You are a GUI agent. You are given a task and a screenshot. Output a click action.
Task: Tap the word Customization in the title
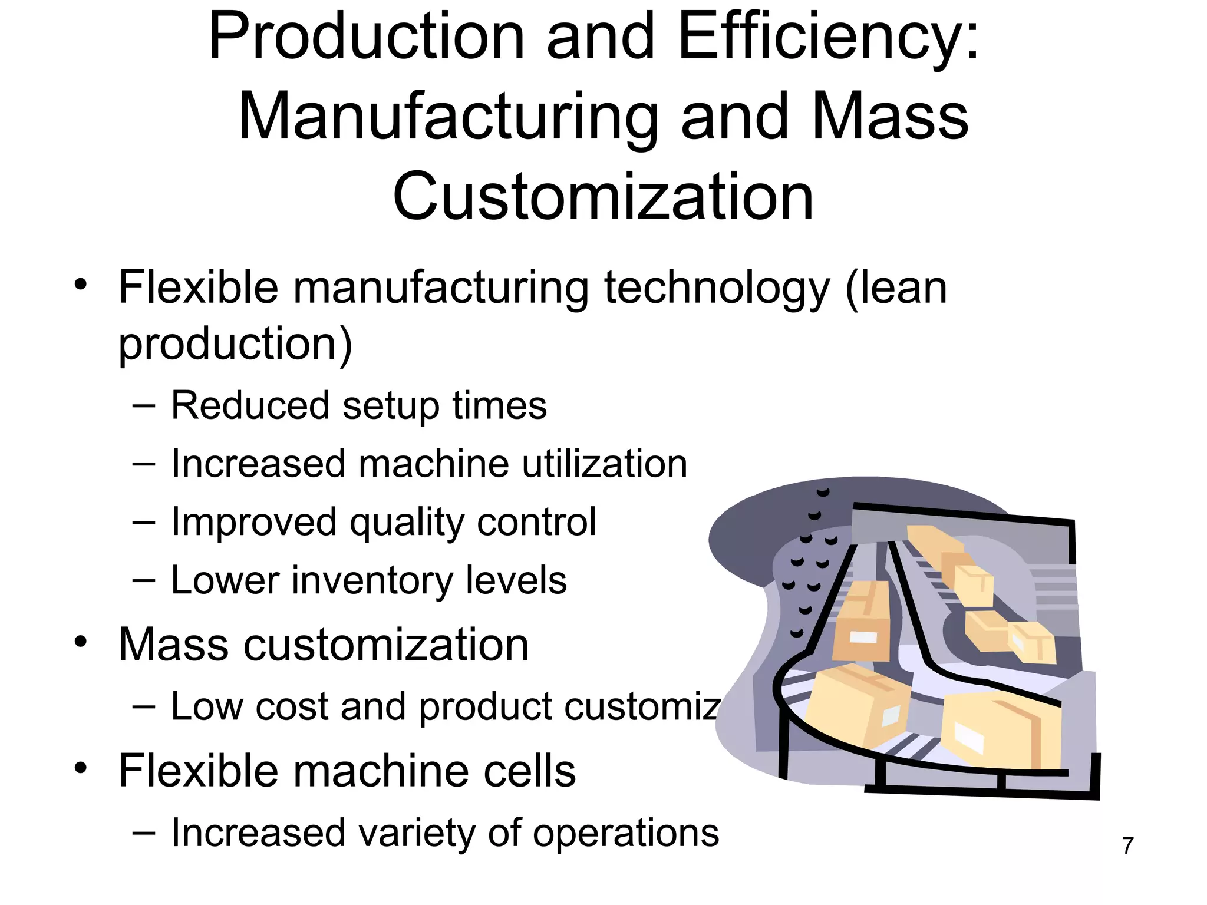click(603, 197)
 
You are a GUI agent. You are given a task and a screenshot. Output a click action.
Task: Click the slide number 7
click(1128, 845)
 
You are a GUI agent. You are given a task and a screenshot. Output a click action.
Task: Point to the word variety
click(415, 833)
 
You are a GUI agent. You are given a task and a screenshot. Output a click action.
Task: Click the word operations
click(626, 834)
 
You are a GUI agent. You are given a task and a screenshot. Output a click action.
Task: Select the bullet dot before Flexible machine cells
click(81, 768)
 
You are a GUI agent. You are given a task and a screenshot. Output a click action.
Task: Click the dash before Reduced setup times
click(144, 406)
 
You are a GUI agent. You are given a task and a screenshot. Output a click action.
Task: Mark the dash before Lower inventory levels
click(144, 580)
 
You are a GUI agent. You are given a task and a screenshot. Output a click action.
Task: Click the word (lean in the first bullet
click(896, 288)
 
